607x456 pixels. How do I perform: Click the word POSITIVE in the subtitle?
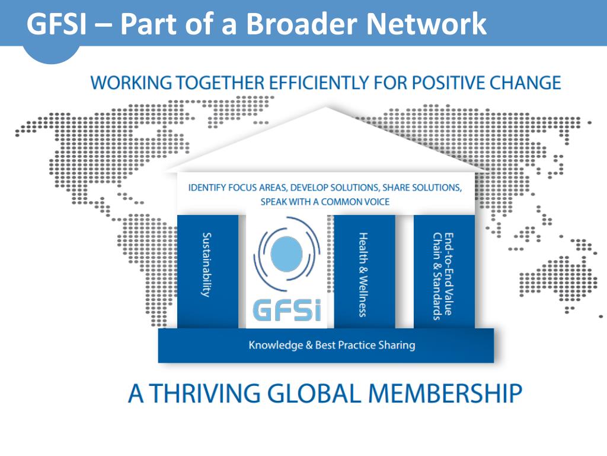tap(455, 82)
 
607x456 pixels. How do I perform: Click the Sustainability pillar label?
tap(207, 265)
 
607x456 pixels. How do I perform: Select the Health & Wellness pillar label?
tap(363, 274)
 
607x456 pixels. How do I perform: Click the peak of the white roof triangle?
tap(325, 109)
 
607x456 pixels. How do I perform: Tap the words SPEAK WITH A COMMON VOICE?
tap(325, 202)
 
